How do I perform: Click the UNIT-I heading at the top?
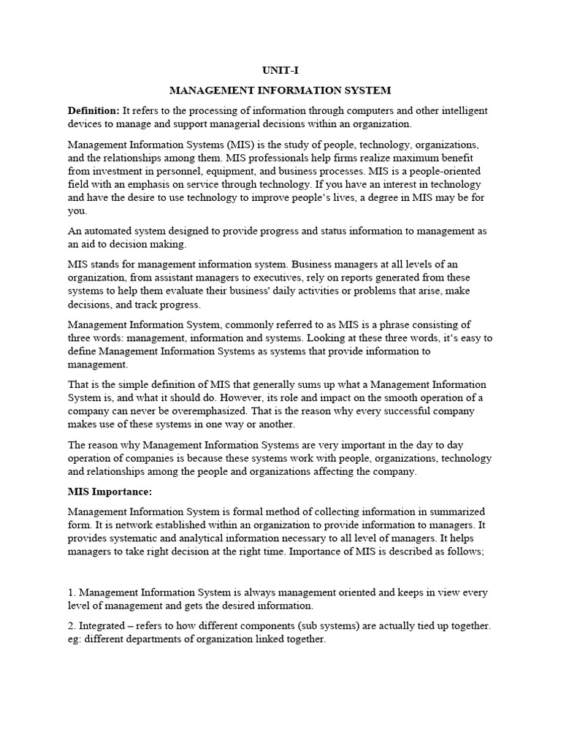click(x=280, y=71)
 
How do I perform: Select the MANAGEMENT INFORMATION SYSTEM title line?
click(x=280, y=91)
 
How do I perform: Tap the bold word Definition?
click(x=93, y=110)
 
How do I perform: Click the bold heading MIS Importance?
click(x=110, y=492)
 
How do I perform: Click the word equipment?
click(x=238, y=172)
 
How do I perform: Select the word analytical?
click(x=194, y=538)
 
